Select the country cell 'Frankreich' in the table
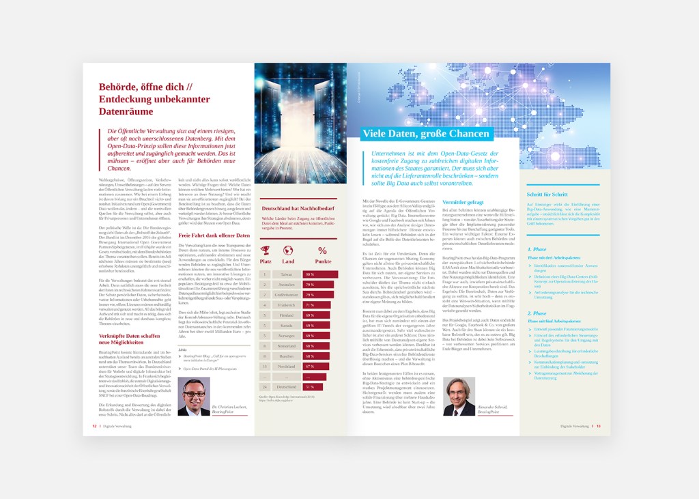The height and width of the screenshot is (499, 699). pos(287,305)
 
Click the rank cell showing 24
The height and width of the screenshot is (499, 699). pos(265,387)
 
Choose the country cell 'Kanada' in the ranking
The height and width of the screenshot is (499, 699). pos(287,326)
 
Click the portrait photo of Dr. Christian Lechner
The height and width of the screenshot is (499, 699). pos(194,397)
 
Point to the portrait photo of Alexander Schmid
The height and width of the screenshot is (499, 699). pos(459,397)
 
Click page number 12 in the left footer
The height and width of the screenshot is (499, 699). pos(94,426)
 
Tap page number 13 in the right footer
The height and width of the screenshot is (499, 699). pos(598,426)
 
